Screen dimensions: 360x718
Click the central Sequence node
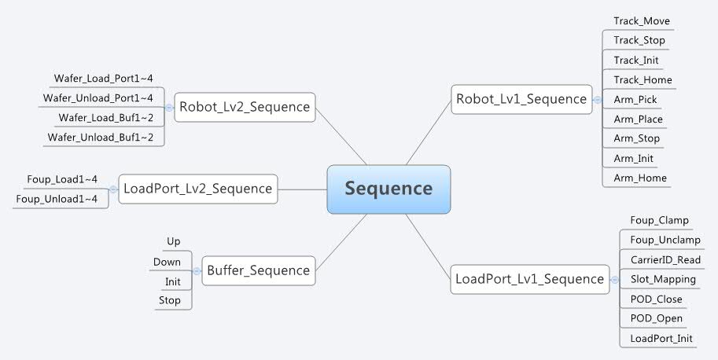[388, 189]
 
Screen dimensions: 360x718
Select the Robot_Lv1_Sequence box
[521, 99]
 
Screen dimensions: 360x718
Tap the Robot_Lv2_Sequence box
[245, 106]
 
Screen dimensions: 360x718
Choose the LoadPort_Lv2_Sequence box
[197, 189]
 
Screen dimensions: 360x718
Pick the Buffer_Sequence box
[258, 270]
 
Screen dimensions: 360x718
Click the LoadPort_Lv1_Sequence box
[529, 278]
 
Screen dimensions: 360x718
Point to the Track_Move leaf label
[642, 21]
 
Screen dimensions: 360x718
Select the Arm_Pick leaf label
[635, 100]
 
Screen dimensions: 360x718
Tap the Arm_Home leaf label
[640, 178]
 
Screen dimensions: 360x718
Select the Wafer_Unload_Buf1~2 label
[105, 138]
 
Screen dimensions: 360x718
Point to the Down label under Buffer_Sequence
[167, 262]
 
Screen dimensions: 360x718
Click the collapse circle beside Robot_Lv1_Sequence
[598, 99]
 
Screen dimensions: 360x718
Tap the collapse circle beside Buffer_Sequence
[197, 270]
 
